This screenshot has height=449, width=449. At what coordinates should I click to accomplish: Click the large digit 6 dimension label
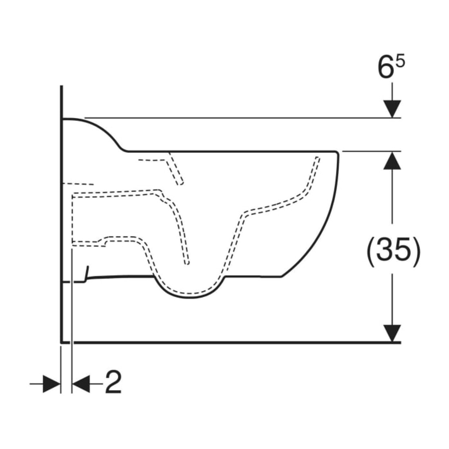(385, 68)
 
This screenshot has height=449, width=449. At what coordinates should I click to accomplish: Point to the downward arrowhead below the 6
(392, 109)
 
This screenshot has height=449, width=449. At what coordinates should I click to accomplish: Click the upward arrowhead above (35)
(392, 160)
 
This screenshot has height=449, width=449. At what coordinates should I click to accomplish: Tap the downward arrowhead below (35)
(392, 333)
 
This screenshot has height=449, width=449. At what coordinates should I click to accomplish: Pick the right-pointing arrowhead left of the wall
(52, 384)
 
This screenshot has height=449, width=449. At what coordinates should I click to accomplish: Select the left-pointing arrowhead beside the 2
(81, 384)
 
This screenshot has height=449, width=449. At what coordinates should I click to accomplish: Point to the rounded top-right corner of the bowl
(337, 152)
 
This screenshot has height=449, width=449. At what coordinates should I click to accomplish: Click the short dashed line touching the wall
(78, 184)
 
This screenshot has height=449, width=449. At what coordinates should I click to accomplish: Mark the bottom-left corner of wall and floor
(62, 342)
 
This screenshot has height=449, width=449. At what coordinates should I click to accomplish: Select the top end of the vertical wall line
(62, 86)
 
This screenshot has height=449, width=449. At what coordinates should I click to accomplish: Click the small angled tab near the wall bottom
(87, 274)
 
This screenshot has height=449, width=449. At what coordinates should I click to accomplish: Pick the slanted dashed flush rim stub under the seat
(175, 169)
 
